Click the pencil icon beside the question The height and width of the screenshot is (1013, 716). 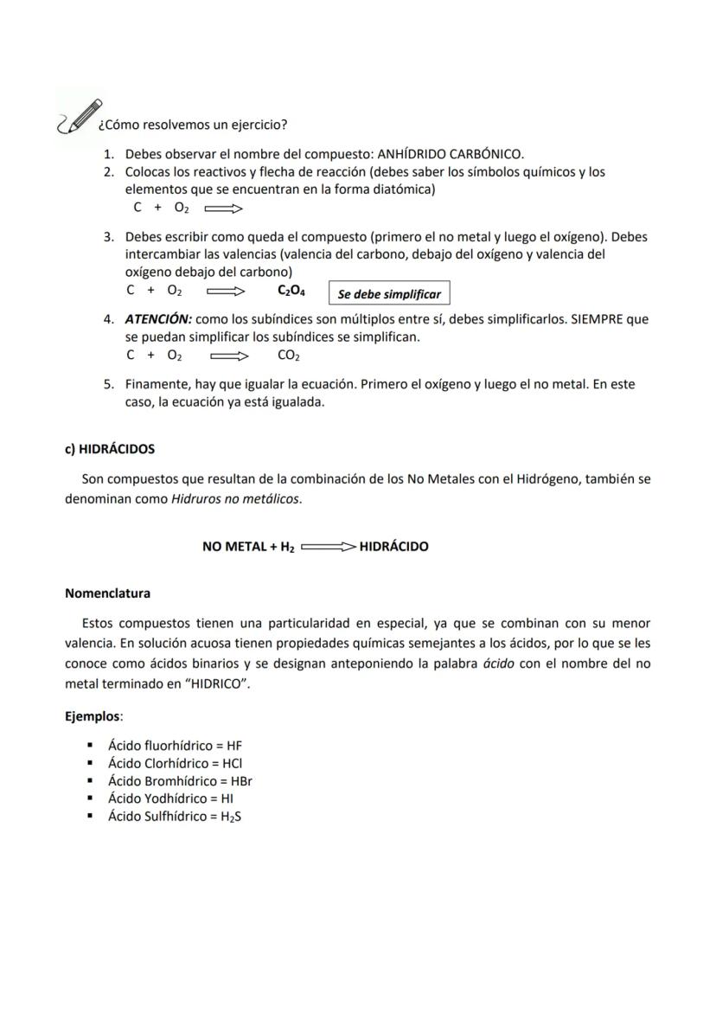(x=79, y=117)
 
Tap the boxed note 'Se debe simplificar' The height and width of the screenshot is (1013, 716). (x=389, y=294)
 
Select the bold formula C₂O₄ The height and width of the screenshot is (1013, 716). (x=291, y=292)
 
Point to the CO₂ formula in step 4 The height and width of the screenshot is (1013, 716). (x=289, y=356)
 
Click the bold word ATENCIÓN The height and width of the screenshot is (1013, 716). (x=158, y=319)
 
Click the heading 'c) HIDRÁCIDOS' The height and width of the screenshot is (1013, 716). (x=110, y=449)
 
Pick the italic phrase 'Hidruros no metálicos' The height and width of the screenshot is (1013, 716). (x=235, y=499)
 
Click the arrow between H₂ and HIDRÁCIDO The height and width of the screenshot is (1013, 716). (x=329, y=547)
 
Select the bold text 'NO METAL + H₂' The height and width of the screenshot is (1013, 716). (x=248, y=547)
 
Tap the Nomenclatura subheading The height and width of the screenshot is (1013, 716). (x=107, y=593)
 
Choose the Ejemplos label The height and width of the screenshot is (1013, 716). (x=93, y=716)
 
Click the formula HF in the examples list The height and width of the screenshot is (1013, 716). (x=234, y=745)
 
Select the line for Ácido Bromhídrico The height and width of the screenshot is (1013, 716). (x=179, y=780)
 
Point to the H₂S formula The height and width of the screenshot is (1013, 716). (x=231, y=817)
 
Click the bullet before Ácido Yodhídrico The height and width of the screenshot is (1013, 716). (x=90, y=798)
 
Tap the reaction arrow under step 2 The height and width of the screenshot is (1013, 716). (x=224, y=208)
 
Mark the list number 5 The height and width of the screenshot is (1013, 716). (x=109, y=383)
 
